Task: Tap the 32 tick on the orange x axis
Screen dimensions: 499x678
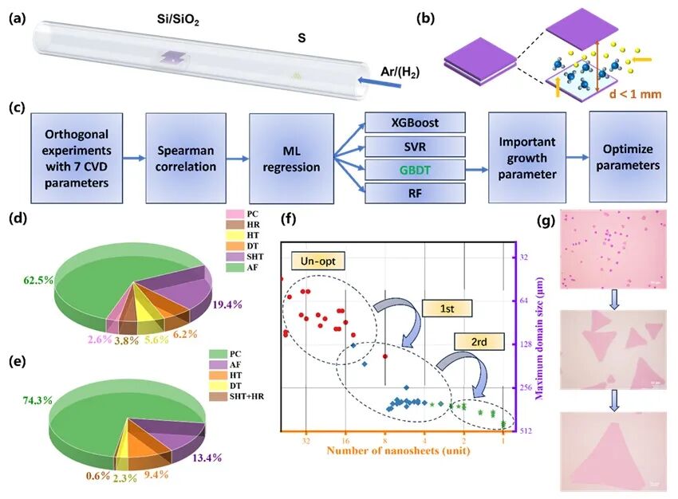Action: click(x=305, y=440)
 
